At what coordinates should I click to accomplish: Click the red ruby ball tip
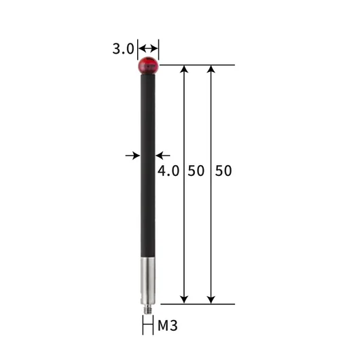tap(148, 65)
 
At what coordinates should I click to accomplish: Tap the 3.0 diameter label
tap(123, 49)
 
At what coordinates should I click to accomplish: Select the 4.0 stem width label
tap(168, 170)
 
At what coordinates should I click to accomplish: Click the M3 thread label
tap(168, 325)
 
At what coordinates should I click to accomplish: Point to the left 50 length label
tap(196, 170)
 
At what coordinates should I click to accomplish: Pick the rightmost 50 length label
tap(223, 170)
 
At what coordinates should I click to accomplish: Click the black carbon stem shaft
tap(148, 165)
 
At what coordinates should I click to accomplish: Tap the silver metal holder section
tap(148, 281)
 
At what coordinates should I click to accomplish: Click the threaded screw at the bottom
tap(148, 309)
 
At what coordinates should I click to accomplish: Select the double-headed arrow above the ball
tap(148, 49)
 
